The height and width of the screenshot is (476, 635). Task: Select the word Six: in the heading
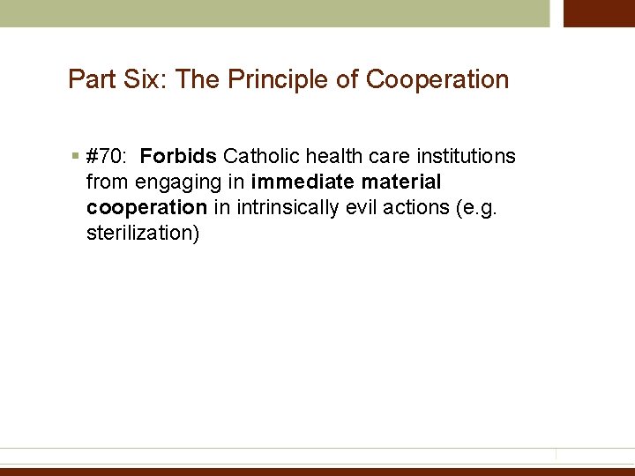point(143,79)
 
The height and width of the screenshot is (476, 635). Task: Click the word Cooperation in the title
point(437,79)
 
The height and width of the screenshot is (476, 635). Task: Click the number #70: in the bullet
point(107,157)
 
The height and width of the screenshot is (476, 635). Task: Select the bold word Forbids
point(178,157)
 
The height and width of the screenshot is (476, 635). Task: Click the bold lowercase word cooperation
point(146,208)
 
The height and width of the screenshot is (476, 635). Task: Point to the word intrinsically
point(282,208)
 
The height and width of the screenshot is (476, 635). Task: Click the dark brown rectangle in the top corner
point(599,13)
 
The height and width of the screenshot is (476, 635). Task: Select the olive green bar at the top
point(273,13)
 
